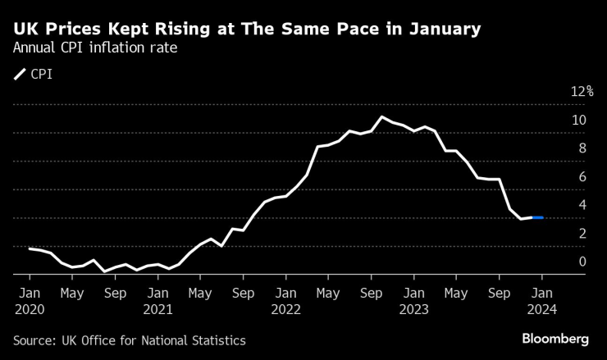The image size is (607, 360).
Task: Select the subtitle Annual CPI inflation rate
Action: [x=95, y=48]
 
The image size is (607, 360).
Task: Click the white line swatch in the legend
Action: [x=20, y=75]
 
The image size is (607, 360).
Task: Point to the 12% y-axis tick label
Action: [x=582, y=92]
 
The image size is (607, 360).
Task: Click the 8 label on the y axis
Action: [x=582, y=148]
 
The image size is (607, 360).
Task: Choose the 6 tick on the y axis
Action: [x=582, y=176]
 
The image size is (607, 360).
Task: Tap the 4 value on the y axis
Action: [x=582, y=205]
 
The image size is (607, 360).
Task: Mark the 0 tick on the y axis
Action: [x=582, y=262]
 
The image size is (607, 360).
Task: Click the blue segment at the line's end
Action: [x=537, y=217]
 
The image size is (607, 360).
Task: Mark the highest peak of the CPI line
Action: [x=382, y=116]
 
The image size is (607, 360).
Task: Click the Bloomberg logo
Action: [x=556, y=339]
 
